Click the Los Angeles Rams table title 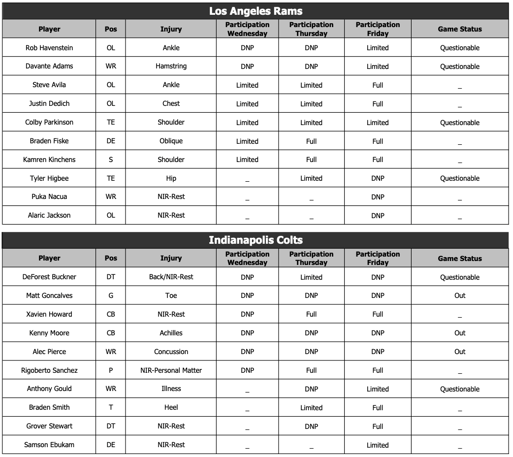tap(256, 11)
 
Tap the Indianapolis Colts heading tap(256, 240)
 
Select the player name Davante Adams tap(49, 66)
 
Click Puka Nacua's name tap(49, 196)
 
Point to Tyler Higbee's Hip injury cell tap(171, 178)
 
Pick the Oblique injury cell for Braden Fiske tap(171, 141)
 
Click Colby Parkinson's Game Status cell tap(459, 123)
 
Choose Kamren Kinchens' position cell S tap(111, 160)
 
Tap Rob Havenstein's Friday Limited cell tap(378, 48)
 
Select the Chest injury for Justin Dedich tap(171, 103)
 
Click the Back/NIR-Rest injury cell tap(171, 277)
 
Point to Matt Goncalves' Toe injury tap(171, 295)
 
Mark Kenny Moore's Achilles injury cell tap(171, 333)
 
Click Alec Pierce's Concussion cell tap(171, 352)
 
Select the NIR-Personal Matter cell tap(171, 370)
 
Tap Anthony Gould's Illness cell tap(171, 389)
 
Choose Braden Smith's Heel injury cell tap(171, 407)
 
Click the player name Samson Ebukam tap(49, 445)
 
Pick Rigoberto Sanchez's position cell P tap(111, 370)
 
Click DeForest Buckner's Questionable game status tap(459, 277)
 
